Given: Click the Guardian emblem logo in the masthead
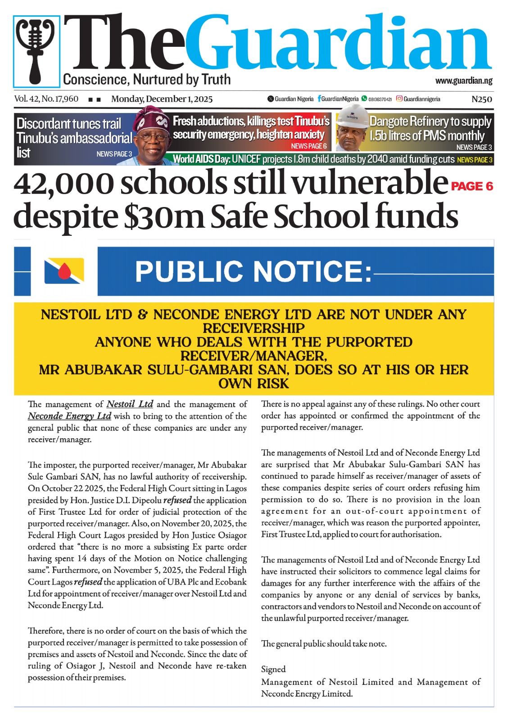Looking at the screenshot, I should tap(36, 51).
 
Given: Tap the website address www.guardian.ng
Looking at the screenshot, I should tap(463, 81).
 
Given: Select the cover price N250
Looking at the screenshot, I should tap(481, 99).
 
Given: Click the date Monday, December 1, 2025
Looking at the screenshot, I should tap(162, 99).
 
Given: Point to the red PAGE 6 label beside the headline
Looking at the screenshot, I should tap(472, 186).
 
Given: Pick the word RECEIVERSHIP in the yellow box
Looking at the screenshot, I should tap(253, 328).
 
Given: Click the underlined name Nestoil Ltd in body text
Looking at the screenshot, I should tap(130, 404).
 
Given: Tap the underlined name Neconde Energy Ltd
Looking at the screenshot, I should tap(69, 416).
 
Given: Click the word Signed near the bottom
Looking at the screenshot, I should tap(273, 669).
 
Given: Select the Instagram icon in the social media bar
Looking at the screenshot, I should tap(399, 99).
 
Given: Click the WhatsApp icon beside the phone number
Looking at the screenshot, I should tap(364, 99).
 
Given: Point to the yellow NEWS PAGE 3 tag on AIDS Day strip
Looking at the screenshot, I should tap(475, 160).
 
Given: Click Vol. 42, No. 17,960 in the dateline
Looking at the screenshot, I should tap(46, 99).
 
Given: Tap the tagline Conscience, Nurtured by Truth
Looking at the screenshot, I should tap(147, 80).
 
